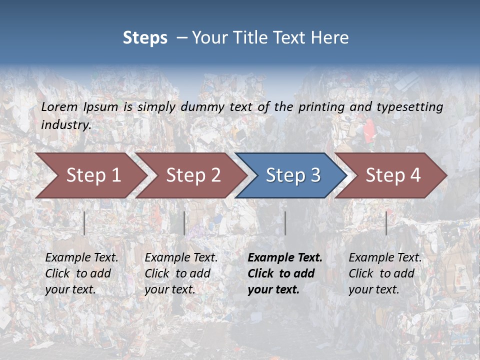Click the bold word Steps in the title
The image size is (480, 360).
[145, 38]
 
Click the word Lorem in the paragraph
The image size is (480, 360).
[59, 106]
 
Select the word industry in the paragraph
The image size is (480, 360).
[66, 124]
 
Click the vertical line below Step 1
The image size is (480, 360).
[84, 223]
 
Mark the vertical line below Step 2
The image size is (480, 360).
[184, 223]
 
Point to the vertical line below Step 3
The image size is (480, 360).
[285, 223]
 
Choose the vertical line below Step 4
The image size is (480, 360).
[386, 223]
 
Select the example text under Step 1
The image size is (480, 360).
[81, 273]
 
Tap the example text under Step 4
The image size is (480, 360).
[384, 273]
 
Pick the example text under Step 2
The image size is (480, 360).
[181, 273]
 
